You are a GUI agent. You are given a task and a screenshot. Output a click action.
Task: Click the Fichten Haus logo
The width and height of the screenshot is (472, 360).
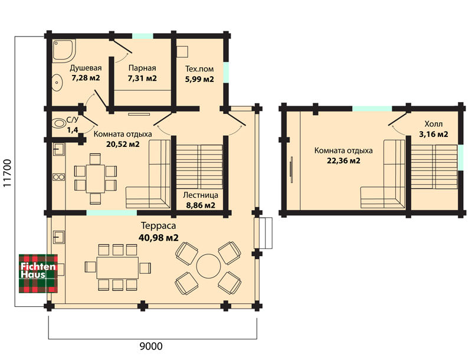point(38,273)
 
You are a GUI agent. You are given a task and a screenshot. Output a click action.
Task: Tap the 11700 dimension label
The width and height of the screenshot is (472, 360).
point(7,173)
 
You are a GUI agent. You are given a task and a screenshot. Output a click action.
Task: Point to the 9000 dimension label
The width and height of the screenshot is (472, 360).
point(151,346)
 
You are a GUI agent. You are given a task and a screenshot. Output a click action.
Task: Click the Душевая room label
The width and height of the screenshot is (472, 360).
point(86,68)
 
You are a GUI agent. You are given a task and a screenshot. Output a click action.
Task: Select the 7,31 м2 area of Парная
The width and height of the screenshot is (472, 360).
point(142,78)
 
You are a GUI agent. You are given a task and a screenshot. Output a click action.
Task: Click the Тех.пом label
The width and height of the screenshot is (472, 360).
point(199,69)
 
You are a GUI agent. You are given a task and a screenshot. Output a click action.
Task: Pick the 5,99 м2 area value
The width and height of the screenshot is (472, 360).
point(199,79)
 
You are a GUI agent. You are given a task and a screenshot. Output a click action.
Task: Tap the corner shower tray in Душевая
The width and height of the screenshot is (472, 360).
point(64,50)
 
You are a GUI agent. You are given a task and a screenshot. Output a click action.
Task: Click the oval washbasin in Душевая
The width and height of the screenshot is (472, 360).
point(57,83)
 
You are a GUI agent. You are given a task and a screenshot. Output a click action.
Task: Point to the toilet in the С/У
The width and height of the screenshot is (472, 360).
point(59,123)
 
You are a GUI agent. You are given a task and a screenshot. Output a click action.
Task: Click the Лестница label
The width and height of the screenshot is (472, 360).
point(201,195)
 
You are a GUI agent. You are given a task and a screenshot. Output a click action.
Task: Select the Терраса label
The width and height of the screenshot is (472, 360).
point(158,225)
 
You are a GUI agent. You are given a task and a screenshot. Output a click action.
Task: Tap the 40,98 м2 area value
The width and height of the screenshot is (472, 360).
point(158,237)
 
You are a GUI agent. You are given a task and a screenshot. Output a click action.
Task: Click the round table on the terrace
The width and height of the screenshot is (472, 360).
point(208,266)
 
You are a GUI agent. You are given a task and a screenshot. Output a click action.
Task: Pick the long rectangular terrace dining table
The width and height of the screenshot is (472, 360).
point(117,267)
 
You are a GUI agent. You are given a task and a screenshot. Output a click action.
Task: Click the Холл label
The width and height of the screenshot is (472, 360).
point(434,124)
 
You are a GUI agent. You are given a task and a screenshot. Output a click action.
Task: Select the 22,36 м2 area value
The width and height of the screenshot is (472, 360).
point(343,161)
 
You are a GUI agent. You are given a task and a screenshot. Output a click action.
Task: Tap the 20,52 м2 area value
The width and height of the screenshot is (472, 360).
point(123,144)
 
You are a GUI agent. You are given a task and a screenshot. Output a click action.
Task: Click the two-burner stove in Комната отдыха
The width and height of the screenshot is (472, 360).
point(58,176)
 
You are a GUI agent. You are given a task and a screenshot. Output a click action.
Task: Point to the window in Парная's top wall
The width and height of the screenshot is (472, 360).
point(143,36)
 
